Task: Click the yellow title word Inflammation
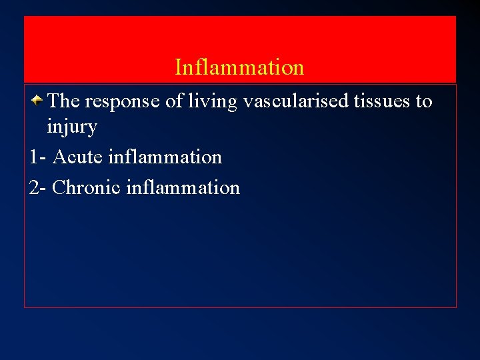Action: pyautogui.click(x=239, y=67)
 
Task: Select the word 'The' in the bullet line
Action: pyautogui.click(x=64, y=101)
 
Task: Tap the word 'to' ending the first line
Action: pyautogui.click(x=424, y=102)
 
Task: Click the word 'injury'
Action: pyautogui.click(x=72, y=127)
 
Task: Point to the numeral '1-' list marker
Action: pyautogui.click(x=38, y=157)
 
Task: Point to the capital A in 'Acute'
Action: pyautogui.click(x=59, y=157)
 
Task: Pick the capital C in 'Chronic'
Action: pyautogui.click(x=59, y=188)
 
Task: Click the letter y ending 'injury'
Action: pyautogui.click(x=93, y=129)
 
